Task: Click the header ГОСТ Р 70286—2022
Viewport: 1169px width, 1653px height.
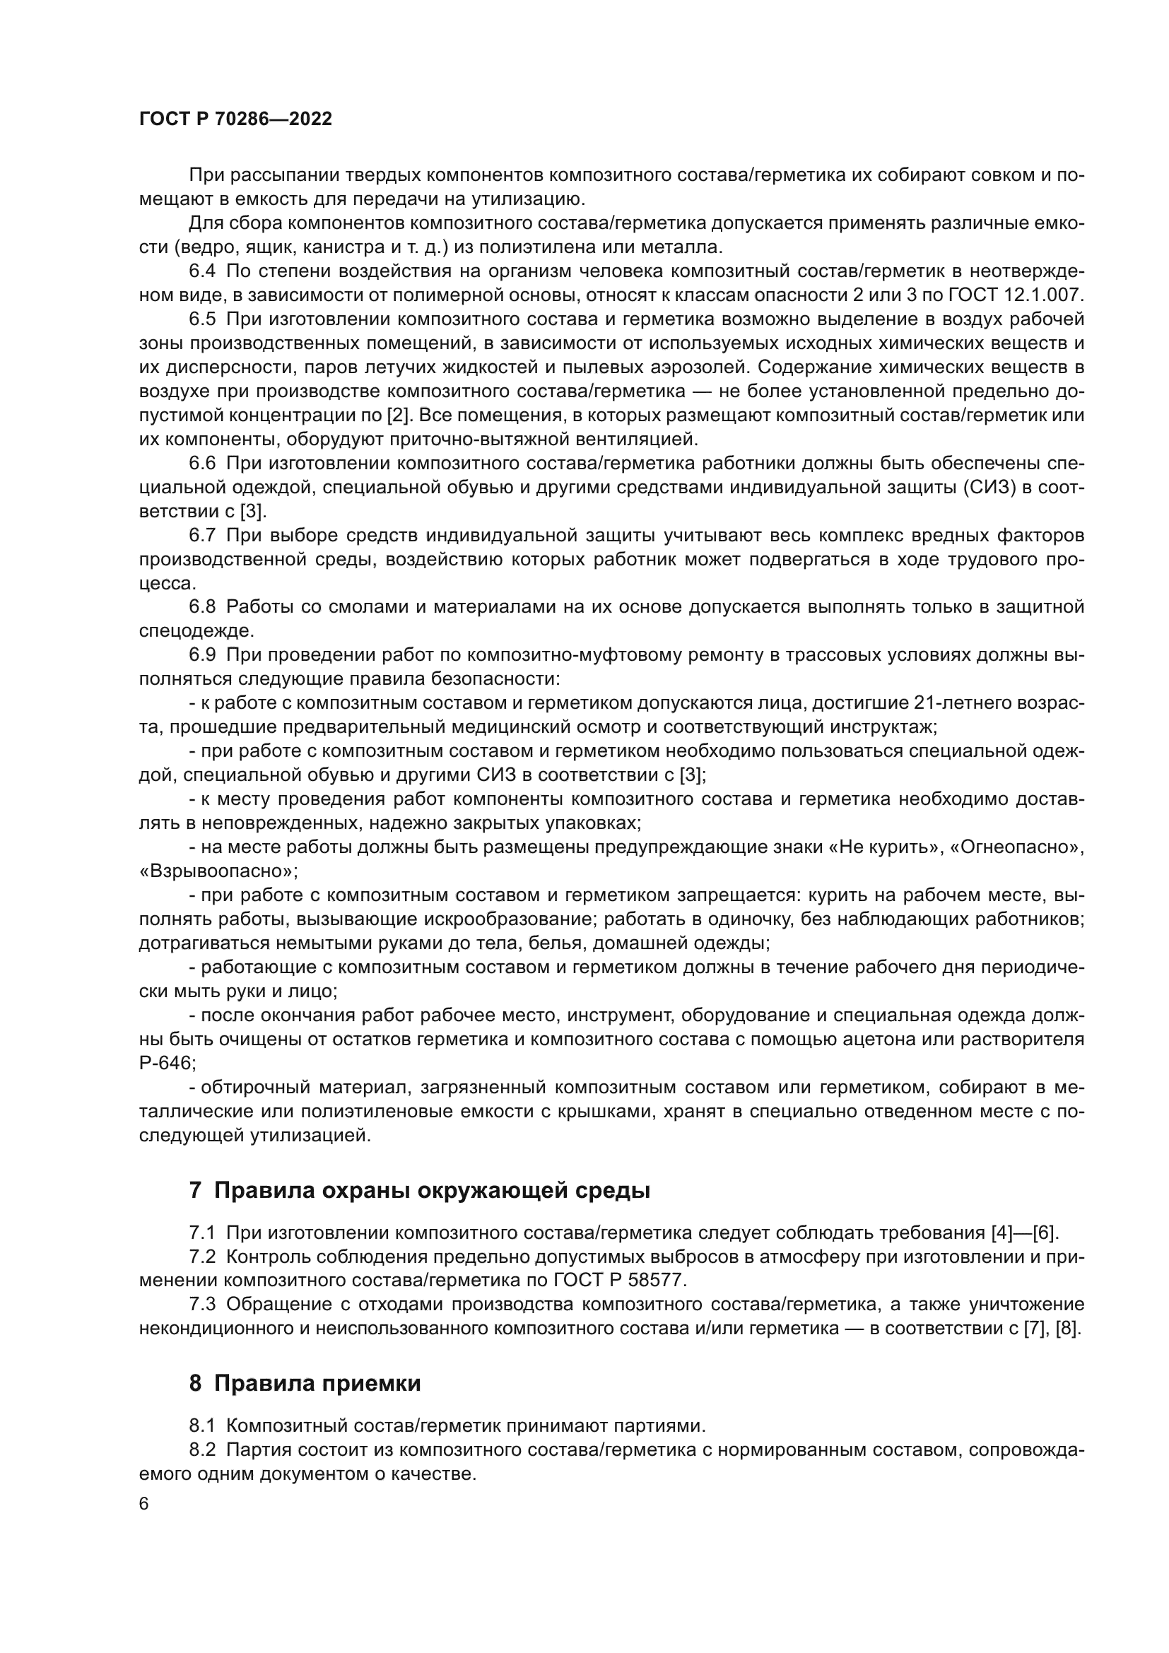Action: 235,119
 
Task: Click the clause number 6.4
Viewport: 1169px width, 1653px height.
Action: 201,271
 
